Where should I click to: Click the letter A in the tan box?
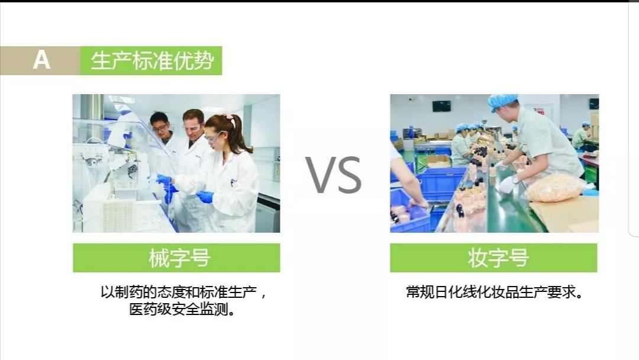pos(41,60)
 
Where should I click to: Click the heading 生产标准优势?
pos(151,60)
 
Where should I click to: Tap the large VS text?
pos(334,175)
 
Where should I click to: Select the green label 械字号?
pos(176,258)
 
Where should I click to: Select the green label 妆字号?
pos(493,258)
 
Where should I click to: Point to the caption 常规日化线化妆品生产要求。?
pos(494,292)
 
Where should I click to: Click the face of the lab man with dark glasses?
pos(159,126)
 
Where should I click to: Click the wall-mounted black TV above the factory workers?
pos(441,106)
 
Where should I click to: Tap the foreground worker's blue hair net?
pos(502,101)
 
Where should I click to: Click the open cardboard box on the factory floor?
pos(438,160)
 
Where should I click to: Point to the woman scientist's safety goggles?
pos(213,137)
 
